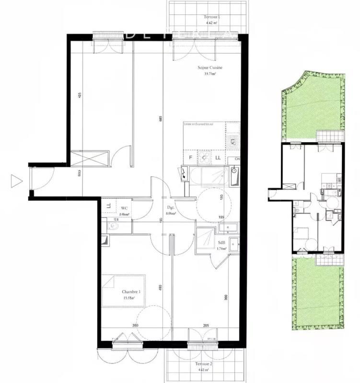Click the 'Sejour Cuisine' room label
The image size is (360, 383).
tap(210, 68)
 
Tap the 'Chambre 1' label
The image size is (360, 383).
tap(131, 292)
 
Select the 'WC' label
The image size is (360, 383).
tap(124, 208)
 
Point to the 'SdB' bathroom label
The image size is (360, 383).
tap(221, 242)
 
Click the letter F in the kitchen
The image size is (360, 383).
tap(190, 157)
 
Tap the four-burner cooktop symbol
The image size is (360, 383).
tap(233, 141)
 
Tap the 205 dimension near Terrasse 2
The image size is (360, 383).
tap(206, 326)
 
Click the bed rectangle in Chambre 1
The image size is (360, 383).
tap(124, 290)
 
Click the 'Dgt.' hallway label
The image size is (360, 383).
tap(170, 208)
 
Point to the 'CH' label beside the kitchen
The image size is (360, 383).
tap(236, 159)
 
